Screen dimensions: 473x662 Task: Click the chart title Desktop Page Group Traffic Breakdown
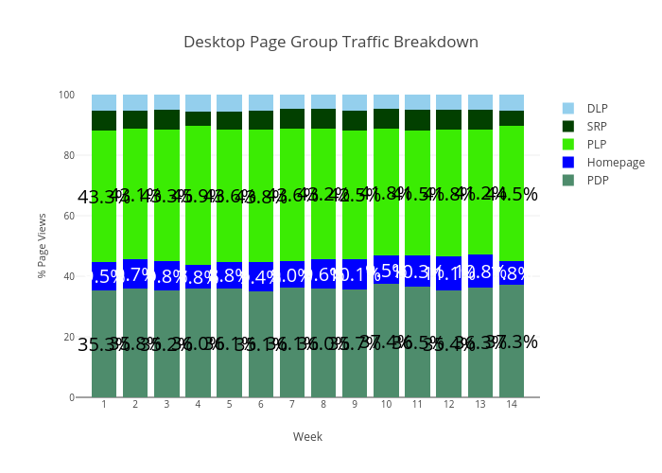point(331,43)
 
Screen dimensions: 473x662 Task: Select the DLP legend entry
point(597,108)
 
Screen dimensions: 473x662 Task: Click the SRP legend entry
point(597,126)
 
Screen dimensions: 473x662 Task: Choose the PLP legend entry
point(597,144)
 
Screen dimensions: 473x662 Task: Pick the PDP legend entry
point(597,180)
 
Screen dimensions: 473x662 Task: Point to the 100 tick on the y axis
point(66,95)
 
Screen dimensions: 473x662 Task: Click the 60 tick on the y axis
point(69,216)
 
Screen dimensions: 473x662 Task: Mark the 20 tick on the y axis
point(69,337)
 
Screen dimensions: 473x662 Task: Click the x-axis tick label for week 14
point(512,405)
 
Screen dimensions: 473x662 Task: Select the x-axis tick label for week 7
point(292,405)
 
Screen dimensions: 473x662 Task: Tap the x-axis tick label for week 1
point(104,405)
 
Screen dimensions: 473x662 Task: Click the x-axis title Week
point(307,436)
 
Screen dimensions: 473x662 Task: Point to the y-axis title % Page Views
point(43,246)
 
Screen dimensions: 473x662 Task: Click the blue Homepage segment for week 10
point(386,270)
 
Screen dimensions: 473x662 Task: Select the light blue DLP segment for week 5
point(230,102)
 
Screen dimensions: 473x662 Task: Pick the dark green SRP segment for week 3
point(166,119)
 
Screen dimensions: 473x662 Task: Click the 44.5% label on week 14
point(512,195)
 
